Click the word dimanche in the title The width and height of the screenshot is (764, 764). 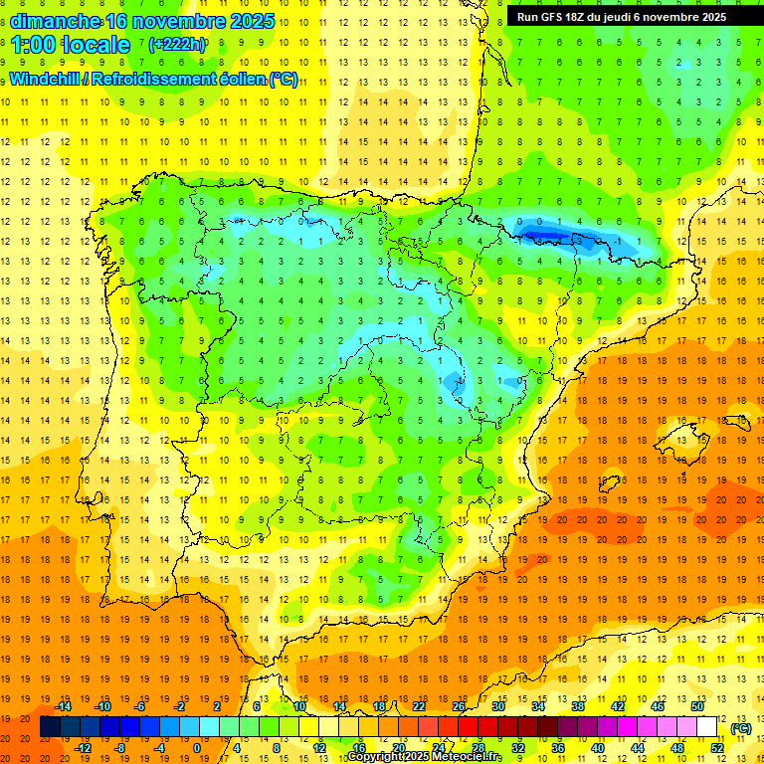click(x=55, y=21)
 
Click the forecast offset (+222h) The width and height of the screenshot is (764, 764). click(x=177, y=45)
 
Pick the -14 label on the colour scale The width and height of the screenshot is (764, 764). click(x=63, y=706)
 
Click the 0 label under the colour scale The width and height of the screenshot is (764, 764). click(x=197, y=748)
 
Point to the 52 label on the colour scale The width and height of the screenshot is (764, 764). click(x=716, y=748)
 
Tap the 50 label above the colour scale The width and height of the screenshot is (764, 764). click(x=696, y=706)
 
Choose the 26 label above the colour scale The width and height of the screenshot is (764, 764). click(x=459, y=706)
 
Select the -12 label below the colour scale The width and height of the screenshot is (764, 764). click(x=83, y=748)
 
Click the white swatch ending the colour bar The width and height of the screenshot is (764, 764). click(x=706, y=727)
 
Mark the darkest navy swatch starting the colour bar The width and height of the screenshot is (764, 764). click(x=50, y=727)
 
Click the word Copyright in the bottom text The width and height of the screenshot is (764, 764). click(x=375, y=757)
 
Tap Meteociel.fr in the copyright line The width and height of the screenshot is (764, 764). click(x=468, y=757)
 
